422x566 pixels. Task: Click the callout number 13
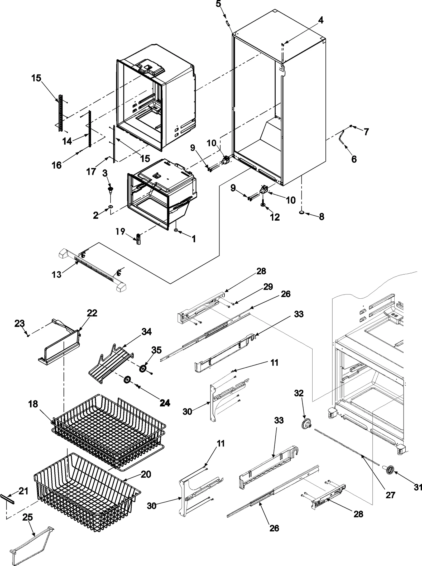point(56,274)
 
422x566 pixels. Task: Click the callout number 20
point(146,482)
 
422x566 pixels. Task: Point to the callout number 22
point(92,313)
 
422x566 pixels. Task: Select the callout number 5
point(219,4)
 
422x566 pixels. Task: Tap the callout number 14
point(67,141)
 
